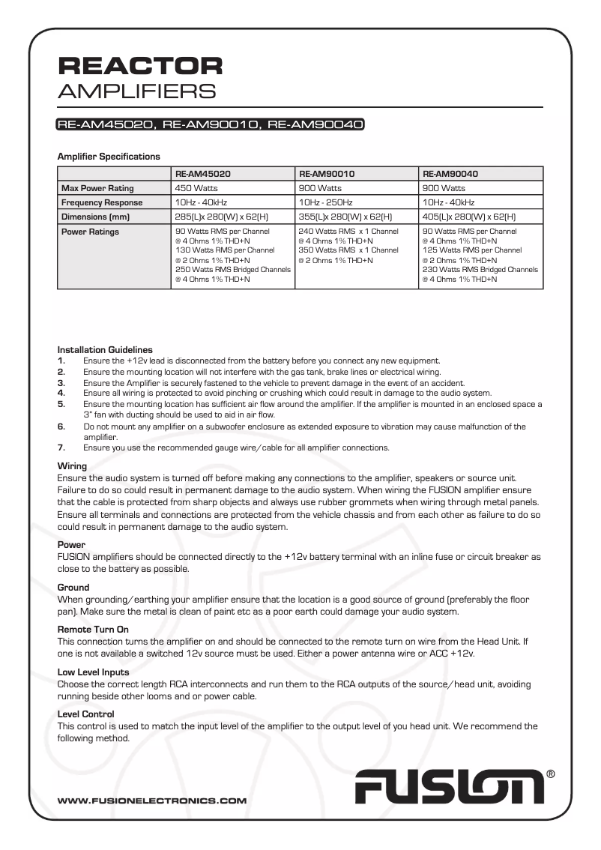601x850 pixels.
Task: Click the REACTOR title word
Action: point(140,66)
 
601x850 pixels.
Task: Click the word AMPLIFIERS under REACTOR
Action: point(136,91)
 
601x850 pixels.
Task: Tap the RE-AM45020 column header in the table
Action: point(202,173)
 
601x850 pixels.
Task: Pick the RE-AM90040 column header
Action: point(450,173)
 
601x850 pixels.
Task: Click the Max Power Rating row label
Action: point(97,188)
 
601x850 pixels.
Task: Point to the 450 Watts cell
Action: point(196,188)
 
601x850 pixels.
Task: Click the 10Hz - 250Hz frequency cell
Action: point(326,202)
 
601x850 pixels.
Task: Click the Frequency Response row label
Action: point(102,202)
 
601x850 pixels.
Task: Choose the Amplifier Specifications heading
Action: point(109,157)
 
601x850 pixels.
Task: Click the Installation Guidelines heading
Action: point(105,349)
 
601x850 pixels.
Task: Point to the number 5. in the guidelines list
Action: point(61,403)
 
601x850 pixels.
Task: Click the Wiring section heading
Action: point(72,466)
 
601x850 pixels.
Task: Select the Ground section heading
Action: point(73,588)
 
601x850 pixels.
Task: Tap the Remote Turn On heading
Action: point(93,630)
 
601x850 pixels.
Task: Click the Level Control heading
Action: point(85,714)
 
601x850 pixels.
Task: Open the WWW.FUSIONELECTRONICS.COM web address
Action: point(152,801)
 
